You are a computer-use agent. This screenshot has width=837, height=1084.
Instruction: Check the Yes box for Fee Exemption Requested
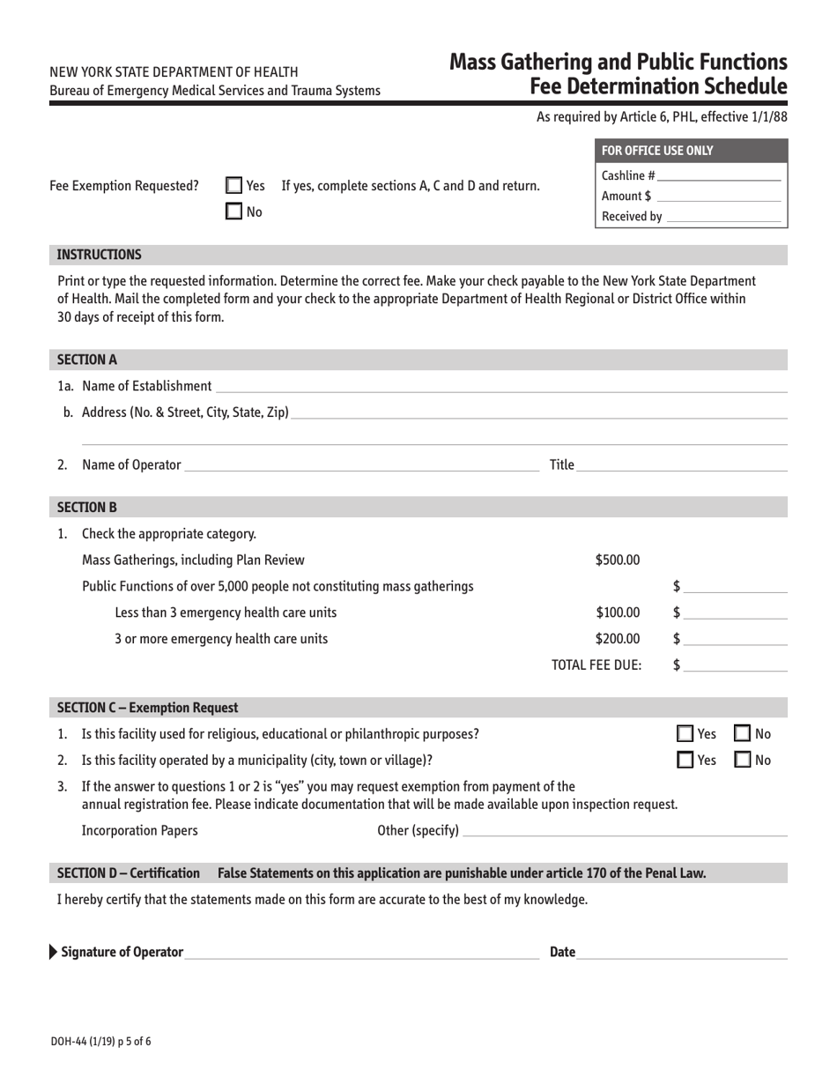(x=233, y=186)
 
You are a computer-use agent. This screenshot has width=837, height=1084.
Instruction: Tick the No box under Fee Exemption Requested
(x=233, y=211)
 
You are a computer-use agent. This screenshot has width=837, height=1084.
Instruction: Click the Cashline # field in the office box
(x=718, y=175)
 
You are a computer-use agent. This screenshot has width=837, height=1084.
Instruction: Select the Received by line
(x=723, y=216)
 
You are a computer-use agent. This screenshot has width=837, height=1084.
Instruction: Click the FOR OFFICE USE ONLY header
(x=657, y=151)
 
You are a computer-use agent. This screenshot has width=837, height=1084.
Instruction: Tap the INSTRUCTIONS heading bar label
(x=99, y=255)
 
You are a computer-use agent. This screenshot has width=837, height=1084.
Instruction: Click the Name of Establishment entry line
(x=500, y=386)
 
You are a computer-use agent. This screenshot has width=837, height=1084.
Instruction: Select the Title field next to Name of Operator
(x=681, y=464)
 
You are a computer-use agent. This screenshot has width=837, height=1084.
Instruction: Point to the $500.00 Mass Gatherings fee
(x=618, y=559)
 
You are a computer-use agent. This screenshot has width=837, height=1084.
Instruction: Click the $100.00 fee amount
(x=618, y=613)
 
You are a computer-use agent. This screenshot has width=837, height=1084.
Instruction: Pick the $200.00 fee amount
(x=618, y=639)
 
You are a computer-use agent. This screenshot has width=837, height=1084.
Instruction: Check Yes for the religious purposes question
(x=685, y=733)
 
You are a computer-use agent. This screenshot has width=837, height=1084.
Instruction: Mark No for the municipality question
(x=743, y=760)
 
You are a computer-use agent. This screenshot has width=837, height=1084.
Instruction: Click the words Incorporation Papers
(x=139, y=830)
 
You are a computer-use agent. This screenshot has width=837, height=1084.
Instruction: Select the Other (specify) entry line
(x=624, y=830)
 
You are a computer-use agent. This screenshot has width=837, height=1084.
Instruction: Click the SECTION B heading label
(x=87, y=507)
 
